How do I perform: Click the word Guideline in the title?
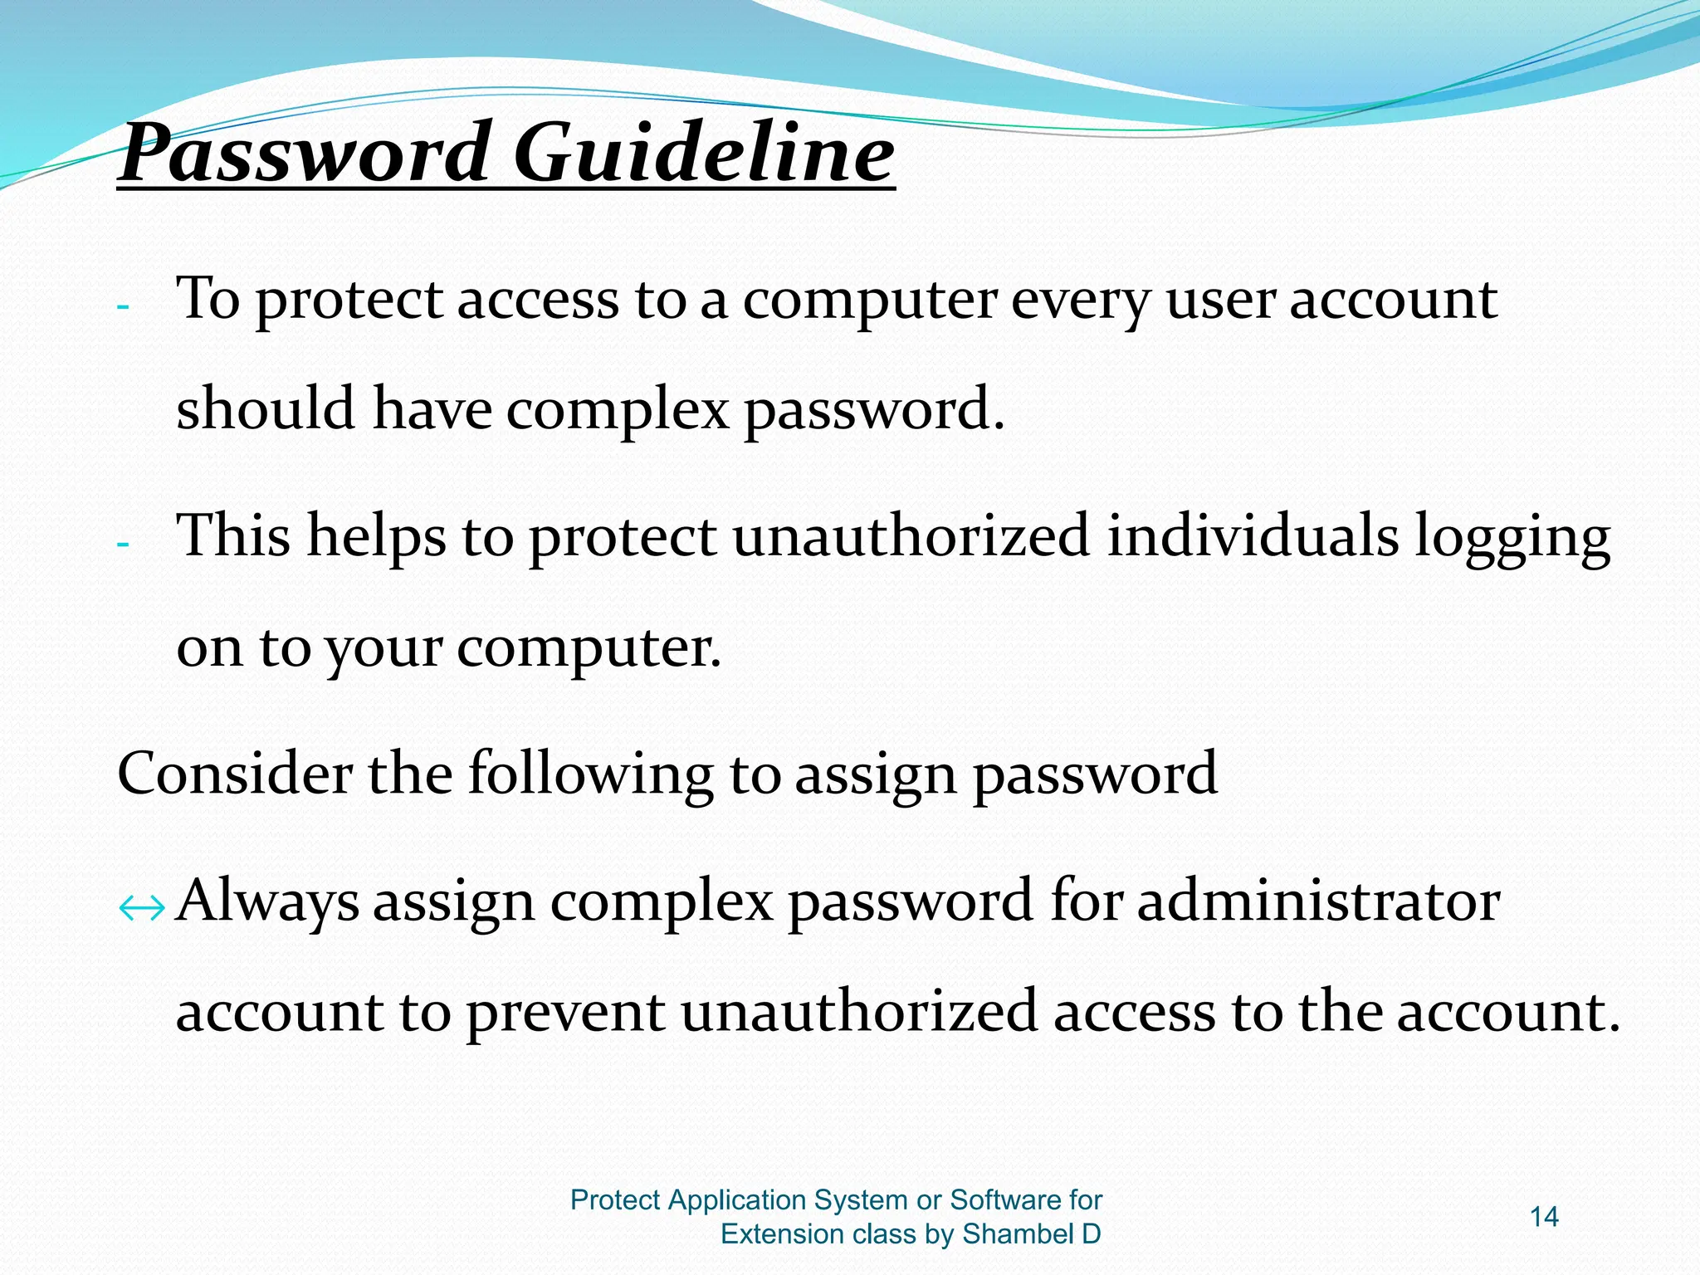click(704, 154)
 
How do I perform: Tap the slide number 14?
click(1544, 1217)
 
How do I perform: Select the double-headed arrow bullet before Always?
click(142, 910)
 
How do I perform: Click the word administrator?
click(1318, 901)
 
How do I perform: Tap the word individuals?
click(1253, 535)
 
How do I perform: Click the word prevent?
click(565, 1013)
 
